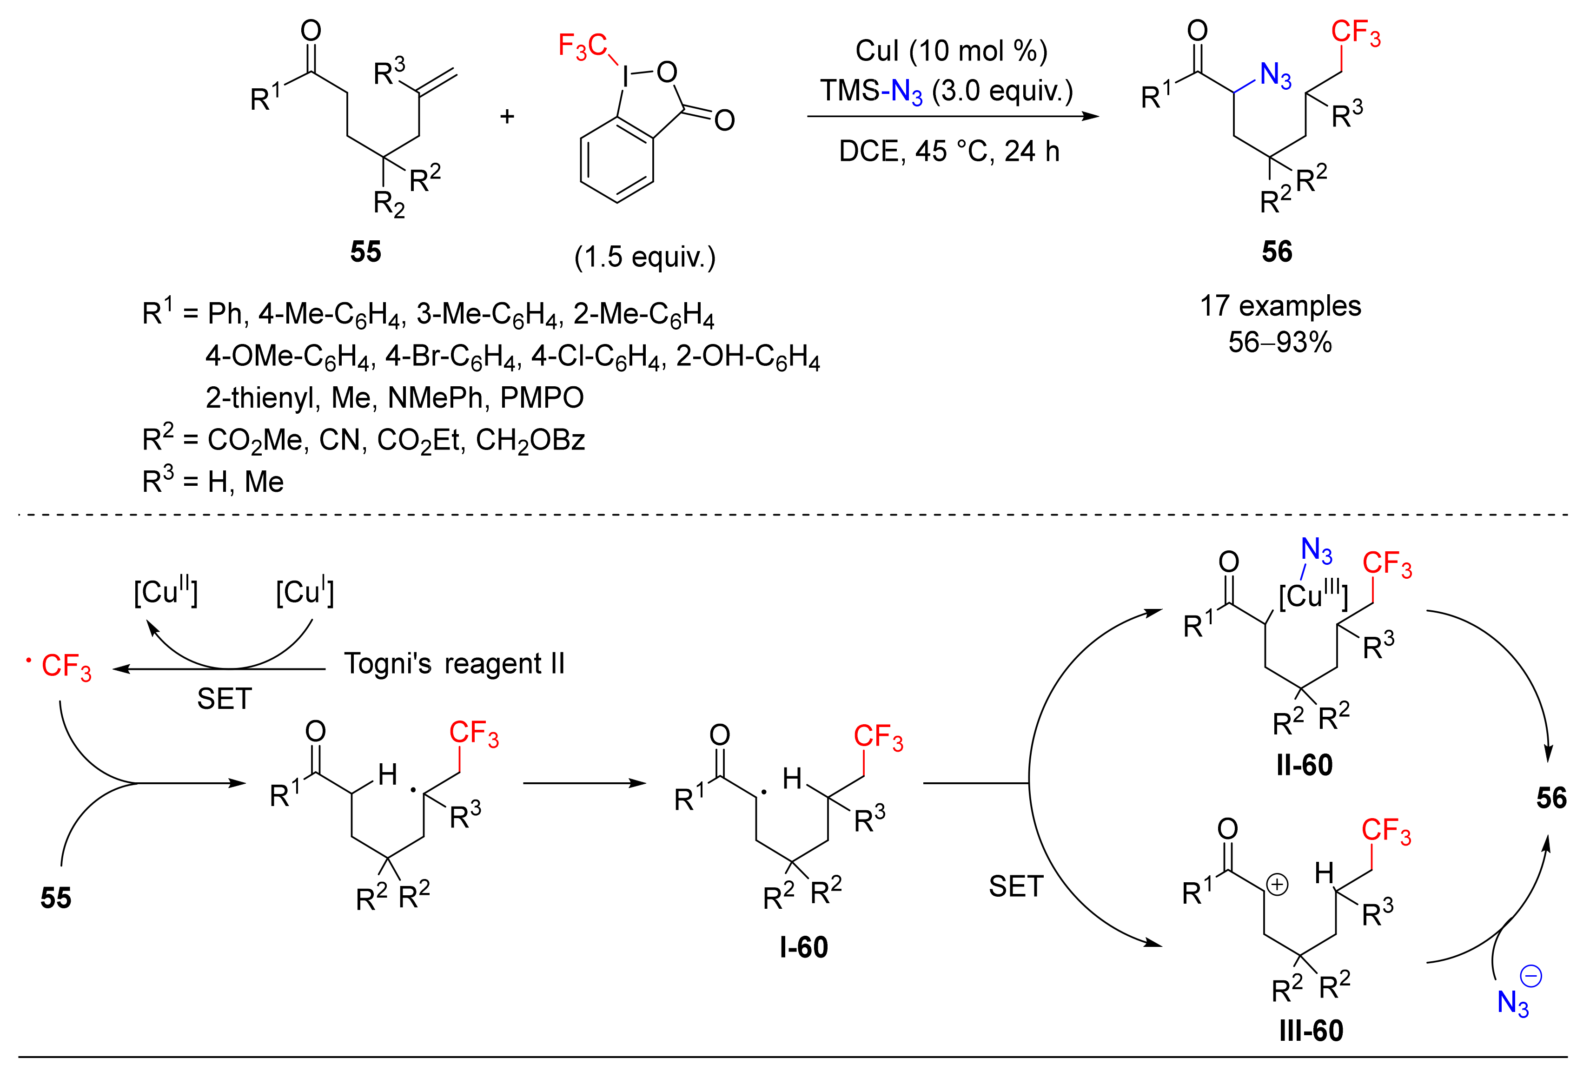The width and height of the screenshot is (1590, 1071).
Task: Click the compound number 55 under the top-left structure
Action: tap(365, 252)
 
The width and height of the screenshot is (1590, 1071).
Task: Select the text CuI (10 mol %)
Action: tap(951, 51)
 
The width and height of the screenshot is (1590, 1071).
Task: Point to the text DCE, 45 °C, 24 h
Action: tap(949, 151)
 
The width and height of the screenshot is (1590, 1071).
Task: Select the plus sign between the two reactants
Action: tap(507, 117)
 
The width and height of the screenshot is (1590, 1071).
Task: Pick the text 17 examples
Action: tap(1280, 306)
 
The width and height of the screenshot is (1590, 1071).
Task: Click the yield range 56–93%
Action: tap(1280, 342)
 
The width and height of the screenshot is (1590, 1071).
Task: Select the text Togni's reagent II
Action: tap(454, 663)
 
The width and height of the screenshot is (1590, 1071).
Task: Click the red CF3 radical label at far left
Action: tap(65, 666)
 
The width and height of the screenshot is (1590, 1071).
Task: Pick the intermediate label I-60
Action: tap(803, 947)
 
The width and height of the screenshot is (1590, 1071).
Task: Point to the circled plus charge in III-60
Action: tap(1277, 885)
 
